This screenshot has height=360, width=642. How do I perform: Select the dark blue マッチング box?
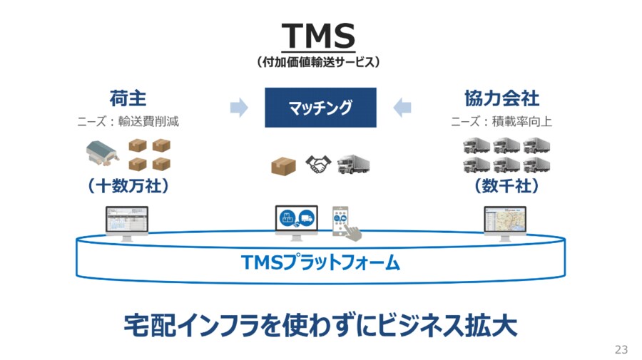pos(320,108)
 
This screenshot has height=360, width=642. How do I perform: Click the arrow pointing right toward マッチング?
pos(239,108)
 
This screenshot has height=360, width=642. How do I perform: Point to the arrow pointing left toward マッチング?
pos(402,108)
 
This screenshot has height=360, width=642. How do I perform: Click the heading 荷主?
pos(128,98)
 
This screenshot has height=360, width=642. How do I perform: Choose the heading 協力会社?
pos(501,98)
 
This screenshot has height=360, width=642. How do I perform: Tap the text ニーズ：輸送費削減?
pos(128,121)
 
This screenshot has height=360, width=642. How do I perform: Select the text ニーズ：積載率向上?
pos(501,121)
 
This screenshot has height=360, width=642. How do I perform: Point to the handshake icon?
pos(320,165)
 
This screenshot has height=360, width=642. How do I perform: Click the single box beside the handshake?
pos(283,166)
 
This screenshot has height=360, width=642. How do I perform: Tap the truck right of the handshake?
pos(354,165)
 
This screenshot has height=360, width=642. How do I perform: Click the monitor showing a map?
pos(505,221)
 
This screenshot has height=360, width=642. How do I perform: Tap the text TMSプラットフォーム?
pos(320,264)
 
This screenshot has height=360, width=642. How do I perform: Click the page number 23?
pos(621,349)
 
